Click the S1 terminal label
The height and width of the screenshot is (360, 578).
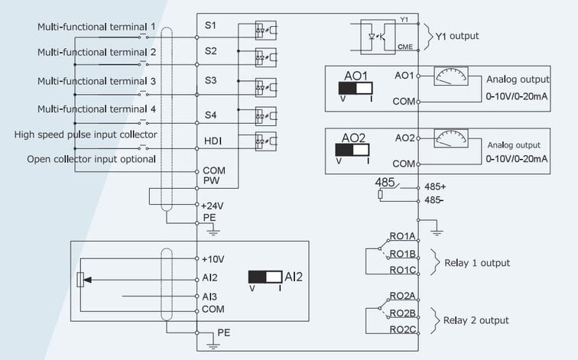pos(210,25)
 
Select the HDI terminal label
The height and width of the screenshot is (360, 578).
pos(213,141)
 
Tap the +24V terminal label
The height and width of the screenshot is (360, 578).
pos(213,206)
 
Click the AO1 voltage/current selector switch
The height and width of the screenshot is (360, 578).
pos(356,88)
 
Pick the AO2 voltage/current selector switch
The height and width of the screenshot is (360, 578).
pos(352,150)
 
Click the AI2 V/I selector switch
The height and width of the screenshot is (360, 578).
pos(265,277)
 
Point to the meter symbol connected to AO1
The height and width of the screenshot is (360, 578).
pos(451,76)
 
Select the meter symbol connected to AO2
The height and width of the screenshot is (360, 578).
pos(451,138)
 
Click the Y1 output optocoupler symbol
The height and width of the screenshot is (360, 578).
pos(378,37)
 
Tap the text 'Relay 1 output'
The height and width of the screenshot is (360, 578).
pos(477,263)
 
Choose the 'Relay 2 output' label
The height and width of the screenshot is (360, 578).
pos(476,320)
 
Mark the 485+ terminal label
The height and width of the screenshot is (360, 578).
pos(435,186)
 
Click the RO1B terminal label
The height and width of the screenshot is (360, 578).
pos(402,254)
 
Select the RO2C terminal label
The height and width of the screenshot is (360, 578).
pos(402,329)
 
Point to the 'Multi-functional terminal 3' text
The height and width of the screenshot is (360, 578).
pos(96,81)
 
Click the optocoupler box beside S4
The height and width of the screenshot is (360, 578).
pos(266,116)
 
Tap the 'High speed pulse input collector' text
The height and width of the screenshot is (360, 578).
pos(86,135)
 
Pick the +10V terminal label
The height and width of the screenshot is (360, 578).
pos(213,259)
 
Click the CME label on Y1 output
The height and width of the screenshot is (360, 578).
pos(405,47)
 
